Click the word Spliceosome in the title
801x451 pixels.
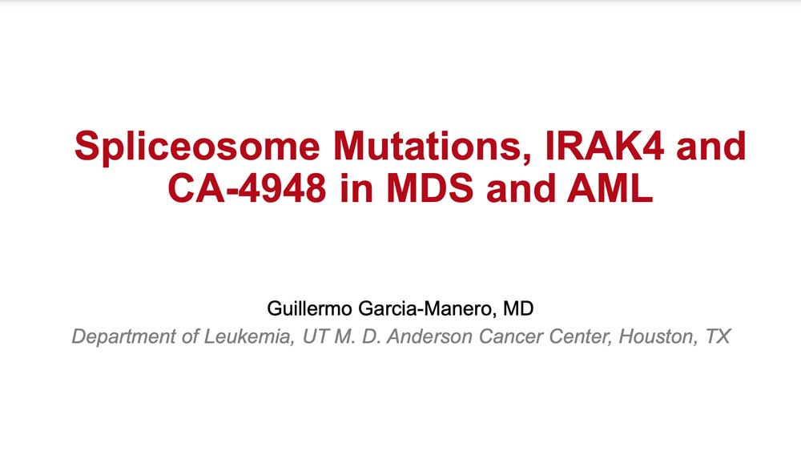(x=197, y=147)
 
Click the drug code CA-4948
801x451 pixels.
(x=247, y=188)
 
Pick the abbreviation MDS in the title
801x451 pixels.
(x=430, y=188)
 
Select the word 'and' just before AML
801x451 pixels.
(x=520, y=188)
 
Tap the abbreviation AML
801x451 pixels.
(x=610, y=188)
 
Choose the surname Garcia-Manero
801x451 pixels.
(x=427, y=308)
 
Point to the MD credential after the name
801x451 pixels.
(x=518, y=308)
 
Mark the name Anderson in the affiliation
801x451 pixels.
(x=429, y=336)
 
